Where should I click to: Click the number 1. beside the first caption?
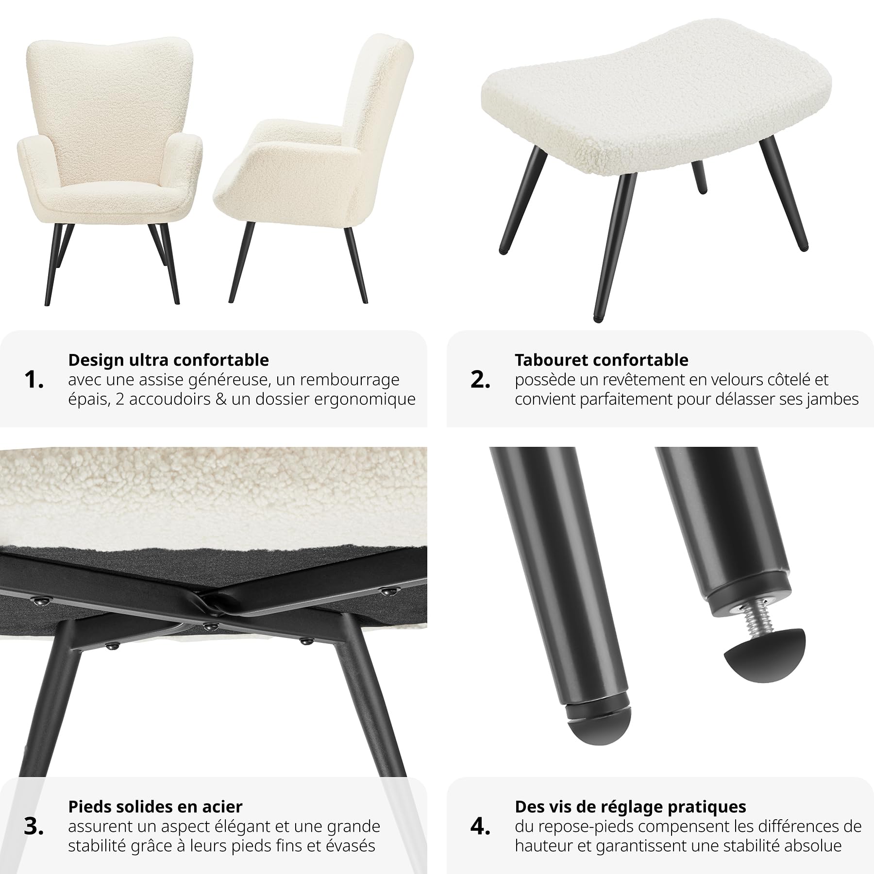[34, 380]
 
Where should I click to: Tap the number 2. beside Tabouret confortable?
[480, 380]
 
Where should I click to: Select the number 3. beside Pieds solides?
[34, 826]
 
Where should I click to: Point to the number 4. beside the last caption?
[480, 826]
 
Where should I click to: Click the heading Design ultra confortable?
[168, 360]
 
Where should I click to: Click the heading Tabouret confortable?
[602, 360]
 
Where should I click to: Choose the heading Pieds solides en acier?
[155, 807]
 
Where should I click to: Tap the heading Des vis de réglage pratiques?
[631, 807]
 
